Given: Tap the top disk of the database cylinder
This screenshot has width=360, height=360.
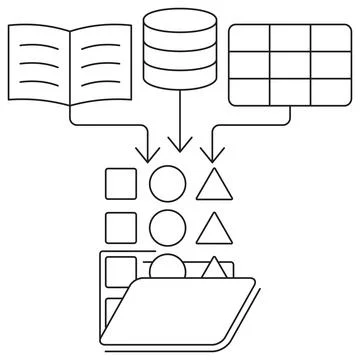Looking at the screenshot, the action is [179, 22].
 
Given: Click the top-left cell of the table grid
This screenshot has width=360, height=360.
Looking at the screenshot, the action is [248, 38].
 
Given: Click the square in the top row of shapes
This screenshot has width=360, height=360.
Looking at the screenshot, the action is [121, 185].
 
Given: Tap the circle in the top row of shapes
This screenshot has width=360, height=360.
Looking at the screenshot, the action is [166, 185].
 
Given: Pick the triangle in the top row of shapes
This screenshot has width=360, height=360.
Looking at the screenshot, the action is [212, 186].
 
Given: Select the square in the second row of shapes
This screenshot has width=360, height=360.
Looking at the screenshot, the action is [121, 227].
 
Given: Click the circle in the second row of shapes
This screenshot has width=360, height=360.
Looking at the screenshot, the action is [166, 227].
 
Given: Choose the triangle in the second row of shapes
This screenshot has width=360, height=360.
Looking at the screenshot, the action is [212, 230].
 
